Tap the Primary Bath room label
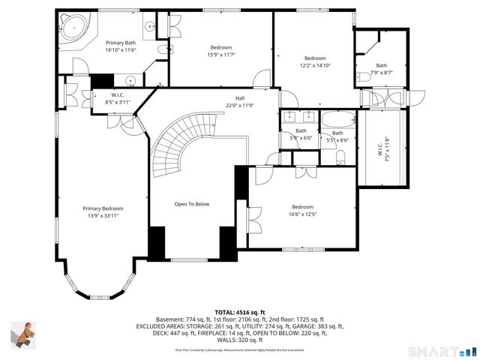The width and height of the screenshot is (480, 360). [120, 43]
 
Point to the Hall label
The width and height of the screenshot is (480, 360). [240, 98]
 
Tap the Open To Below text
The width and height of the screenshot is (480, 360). [192, 204]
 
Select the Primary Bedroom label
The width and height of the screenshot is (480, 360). [103, 208]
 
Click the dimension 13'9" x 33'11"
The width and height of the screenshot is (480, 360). [103, 216]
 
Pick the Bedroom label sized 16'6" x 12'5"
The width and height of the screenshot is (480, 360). [302, 207]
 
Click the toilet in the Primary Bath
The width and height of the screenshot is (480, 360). [162, 49]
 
